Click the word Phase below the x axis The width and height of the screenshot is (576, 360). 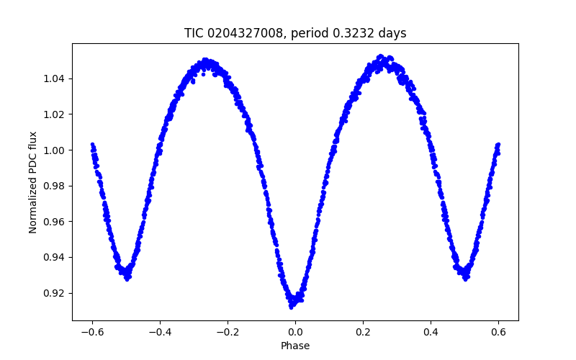[x=295, y=346]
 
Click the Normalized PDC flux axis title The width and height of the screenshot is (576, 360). [x=33, y=181]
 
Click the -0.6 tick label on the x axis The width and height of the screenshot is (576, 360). [x=92, y=332]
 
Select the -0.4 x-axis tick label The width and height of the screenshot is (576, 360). [x=160, y=332]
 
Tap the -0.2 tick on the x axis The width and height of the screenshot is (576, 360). [x=228, y=332]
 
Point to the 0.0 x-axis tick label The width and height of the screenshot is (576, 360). [x=295, y=332]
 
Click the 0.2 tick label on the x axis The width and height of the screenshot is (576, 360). [x=363, y=332]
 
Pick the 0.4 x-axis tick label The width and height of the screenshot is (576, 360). [x=431, y=332]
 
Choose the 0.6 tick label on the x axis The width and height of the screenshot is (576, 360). [x=498, y=332]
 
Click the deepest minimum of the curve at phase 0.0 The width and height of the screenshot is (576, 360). [x=292, y=307]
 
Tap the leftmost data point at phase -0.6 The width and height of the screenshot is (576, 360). [x=92, y=145]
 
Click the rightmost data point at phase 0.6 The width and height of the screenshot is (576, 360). [x=498, y=145]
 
